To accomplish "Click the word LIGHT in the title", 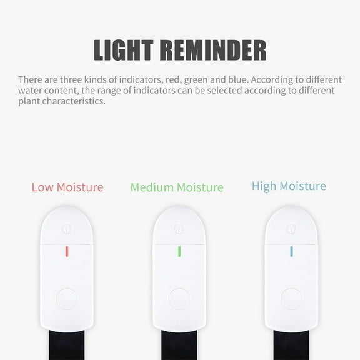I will click(x=123, y=51).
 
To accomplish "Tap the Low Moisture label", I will click(x=67, y=187).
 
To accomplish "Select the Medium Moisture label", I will click(x=177, y=187).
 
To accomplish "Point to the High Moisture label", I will click(x=289, y=186).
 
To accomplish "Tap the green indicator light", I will click(x=179, y=251).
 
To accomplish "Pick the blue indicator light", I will click(x=291, y=251).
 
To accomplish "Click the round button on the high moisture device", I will click(x=291, y=298).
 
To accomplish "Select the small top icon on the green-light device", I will click(x=179, y=229).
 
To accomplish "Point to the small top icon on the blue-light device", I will click(x=291, y=229).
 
